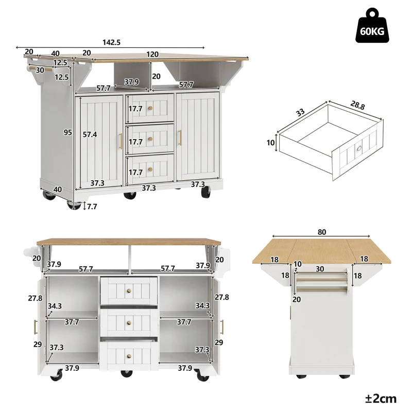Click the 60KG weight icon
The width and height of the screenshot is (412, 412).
[x=372, y=26]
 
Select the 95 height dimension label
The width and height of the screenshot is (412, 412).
[x=67, y=132]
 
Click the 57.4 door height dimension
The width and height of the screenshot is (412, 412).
[x=90, y=134]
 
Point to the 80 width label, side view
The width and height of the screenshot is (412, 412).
[x=322, y=232]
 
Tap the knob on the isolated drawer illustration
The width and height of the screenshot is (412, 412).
[x=358, y=150]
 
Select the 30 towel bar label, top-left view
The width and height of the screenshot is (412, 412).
[x=40, y=71]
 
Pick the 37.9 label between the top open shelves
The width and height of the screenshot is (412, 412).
[x=131, y=81]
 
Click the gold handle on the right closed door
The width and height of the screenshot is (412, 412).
[x=181, y=137]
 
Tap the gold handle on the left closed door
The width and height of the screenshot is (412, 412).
[x=122, y=139]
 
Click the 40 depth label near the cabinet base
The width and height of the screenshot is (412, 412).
[x=58, y=190]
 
